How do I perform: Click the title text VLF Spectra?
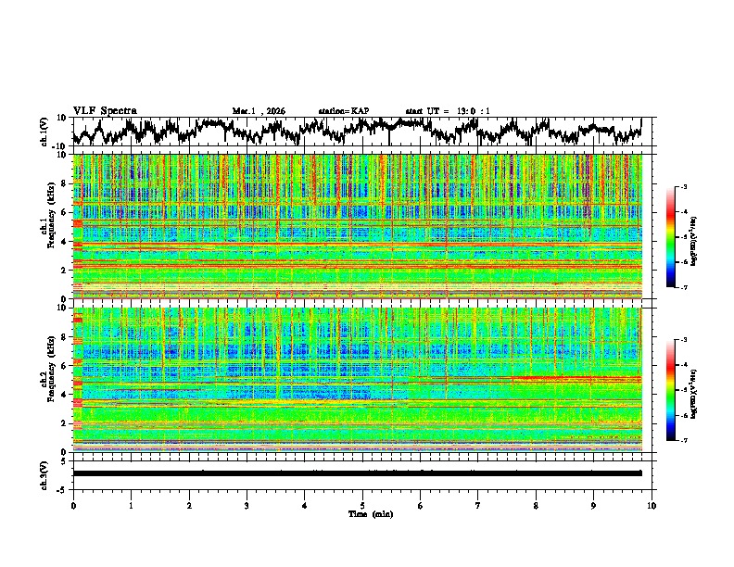(x=105, y=110)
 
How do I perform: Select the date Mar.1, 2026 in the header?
(x=259, y=111)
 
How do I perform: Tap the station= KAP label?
(x=343, y=111)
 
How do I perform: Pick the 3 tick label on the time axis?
(x=247, y=505)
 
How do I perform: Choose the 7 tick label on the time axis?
(x=478, y=505)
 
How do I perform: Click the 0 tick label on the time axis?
(x=73, y=505)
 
